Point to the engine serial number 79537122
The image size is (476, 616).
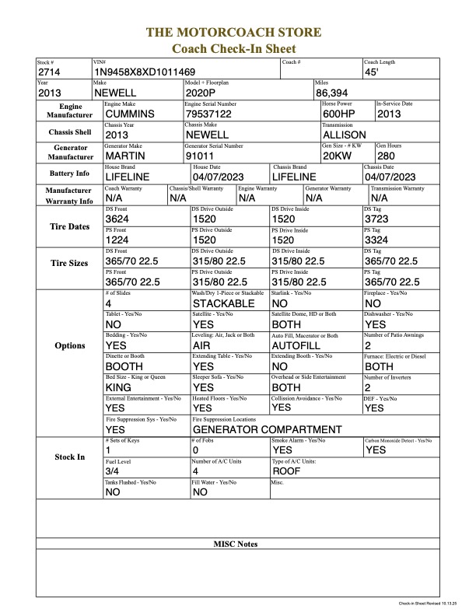[211, 114]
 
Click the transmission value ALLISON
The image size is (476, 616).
[344, 134]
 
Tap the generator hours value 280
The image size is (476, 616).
[387, 155]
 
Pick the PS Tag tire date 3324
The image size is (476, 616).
[377, 240]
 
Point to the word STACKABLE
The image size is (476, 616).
[223, 303]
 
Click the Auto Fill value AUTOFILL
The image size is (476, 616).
[297, 345]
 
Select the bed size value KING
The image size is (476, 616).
[118, 387]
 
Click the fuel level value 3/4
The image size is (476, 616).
[111, 471]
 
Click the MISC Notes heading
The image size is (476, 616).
[236, 544]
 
